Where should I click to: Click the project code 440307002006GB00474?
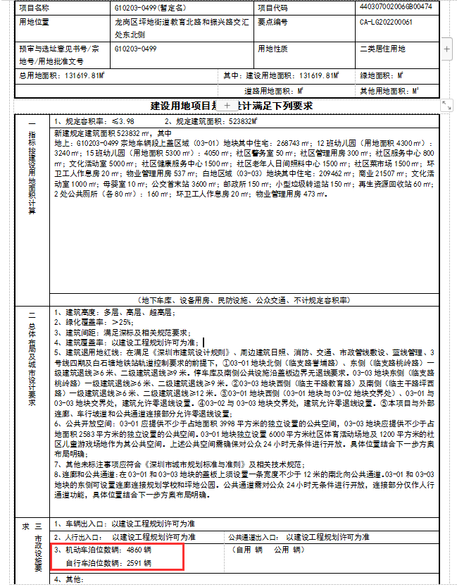tap(405, 7)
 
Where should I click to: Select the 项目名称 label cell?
tap(34, 7)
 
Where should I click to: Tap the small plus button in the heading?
tap(227, 105)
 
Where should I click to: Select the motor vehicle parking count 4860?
tap(134, 548)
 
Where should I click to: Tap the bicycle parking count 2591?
tap(134, 563)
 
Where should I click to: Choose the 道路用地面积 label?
tap(270, 91)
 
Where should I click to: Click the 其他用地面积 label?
tap(384, 91)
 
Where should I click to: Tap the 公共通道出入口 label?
tap(258, 537)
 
